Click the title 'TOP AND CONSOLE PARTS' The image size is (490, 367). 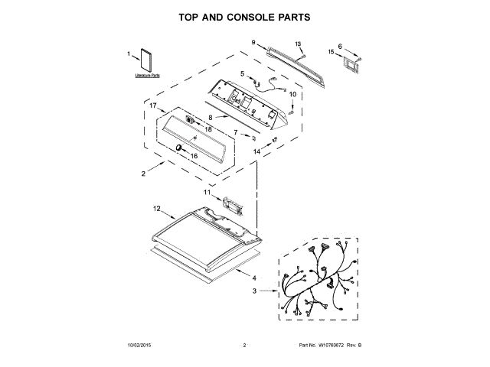tap(245, 16)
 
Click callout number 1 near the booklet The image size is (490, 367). tap(129, 54)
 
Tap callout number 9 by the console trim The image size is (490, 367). tap(253, 45)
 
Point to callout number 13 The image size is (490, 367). tap(299, 44)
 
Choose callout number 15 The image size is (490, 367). tap(332, 52)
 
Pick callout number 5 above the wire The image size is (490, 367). tap(242, 73)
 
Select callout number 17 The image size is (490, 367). tap(153, 106)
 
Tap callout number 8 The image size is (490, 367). tap(209, 117)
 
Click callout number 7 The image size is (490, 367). tap(236, 133)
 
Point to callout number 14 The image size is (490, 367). tap(257, 152)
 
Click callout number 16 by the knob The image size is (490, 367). tap(193, 156)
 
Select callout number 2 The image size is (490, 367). tap(143, 174)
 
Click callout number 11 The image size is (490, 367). tap(206, 193)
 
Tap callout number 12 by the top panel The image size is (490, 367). tap(156, 208)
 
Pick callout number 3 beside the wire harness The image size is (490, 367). tap(254, 291)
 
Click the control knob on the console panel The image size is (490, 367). tap(177, 146)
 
